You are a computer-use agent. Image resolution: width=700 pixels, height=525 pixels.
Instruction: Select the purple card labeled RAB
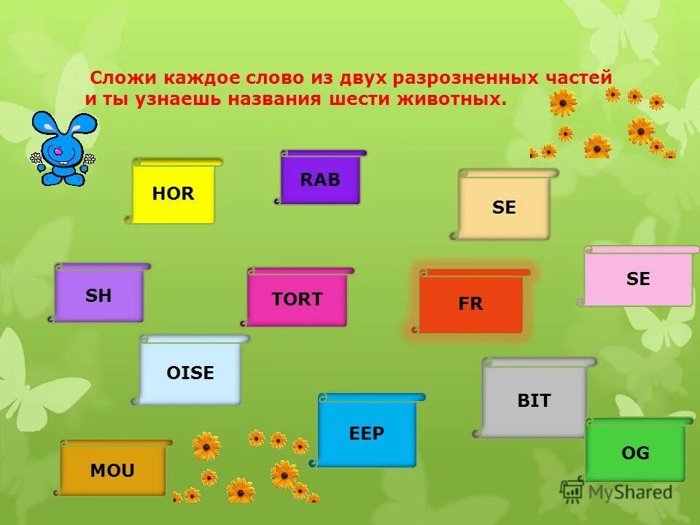point(320,179)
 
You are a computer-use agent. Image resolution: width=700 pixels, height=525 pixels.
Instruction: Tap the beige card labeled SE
point(504,208)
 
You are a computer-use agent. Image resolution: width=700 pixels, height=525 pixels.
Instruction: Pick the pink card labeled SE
point(638,279)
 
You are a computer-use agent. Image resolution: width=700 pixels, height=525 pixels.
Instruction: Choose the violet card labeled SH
point(99,295)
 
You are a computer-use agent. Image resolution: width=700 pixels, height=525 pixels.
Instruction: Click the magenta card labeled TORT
point(297,299)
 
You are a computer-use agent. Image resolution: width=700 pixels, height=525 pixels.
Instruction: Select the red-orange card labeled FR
point(470,304)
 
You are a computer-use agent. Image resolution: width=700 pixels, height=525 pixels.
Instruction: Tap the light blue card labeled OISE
point(190,373)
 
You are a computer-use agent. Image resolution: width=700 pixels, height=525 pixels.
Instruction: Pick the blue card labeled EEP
point(367,433)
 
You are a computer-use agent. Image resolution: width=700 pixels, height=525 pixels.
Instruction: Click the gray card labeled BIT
point(534,400)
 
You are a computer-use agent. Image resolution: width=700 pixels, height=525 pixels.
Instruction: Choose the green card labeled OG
point(635,453)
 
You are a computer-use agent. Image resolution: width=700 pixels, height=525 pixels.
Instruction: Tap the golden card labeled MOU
point(112,470)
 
